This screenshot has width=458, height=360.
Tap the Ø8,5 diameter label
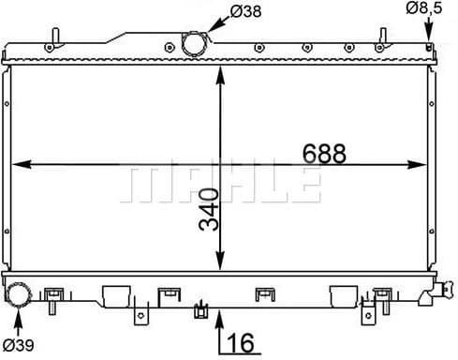424,9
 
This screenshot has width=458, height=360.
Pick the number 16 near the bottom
240,343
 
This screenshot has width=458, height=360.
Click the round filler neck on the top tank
194,44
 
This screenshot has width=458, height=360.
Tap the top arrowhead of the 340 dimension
220,70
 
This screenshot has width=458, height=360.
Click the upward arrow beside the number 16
220,328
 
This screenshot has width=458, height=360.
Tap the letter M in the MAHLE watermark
141,186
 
